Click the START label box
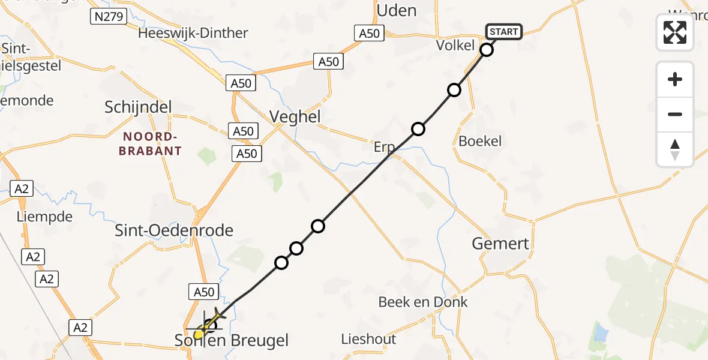[504, 31]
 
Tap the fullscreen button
[675, 32]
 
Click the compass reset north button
[675, 149]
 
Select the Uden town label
[396, 10]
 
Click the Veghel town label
[295, 116]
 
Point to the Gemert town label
[500, 243]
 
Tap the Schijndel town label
[138, 107]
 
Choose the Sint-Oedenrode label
[174, 230]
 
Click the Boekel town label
[479, 141]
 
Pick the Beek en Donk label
[423, 302]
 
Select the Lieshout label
[368, 339]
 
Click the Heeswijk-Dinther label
[193, 33]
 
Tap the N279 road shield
[109, 16]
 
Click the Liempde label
[45, 217]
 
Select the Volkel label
[455, 45]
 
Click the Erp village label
[384, 148]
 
